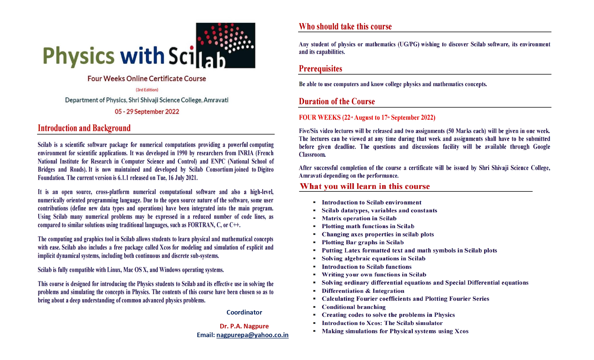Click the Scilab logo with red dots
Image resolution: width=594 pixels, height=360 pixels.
(225, 45)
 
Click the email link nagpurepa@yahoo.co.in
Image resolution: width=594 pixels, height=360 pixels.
(252, 335)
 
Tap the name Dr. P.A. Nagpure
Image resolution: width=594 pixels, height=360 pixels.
(244, 326)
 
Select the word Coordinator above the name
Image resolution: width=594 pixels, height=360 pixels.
(244, 312)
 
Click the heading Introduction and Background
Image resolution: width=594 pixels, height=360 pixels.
(84, 128)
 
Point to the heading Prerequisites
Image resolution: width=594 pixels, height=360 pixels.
(320, 69)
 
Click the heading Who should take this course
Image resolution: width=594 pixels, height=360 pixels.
(345, 27)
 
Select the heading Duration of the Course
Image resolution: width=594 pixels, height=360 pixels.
(337, 101)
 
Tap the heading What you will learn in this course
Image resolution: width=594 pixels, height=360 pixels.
(365, 186)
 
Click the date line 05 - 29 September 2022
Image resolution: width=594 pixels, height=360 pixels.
(147, 112)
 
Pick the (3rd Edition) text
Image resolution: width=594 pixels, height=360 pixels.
(147, 90)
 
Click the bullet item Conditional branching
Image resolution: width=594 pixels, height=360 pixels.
(354, 307)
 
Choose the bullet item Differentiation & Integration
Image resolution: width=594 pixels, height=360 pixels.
(363, 291)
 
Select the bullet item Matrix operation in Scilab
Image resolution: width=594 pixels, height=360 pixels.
(359, 218)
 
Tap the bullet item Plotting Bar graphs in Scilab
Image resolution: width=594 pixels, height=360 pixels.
(363, 242)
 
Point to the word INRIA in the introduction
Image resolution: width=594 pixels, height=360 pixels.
(246, 153)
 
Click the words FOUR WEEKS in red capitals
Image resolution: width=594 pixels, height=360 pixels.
(320, 117)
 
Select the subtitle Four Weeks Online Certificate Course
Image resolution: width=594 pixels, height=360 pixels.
(147, 78)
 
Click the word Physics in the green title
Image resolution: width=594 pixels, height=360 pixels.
(79, 56)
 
